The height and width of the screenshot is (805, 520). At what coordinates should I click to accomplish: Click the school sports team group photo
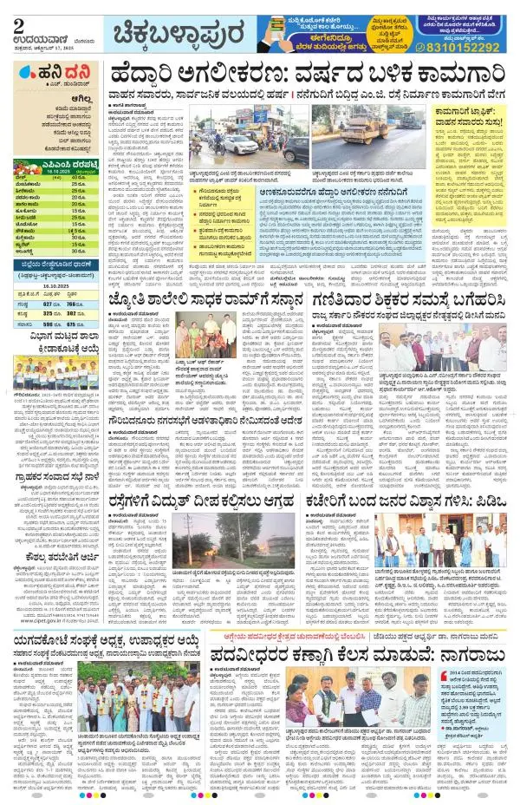[52, 373]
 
